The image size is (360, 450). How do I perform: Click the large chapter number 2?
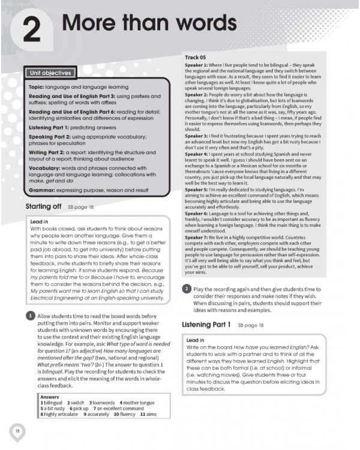pyautogui.click(x=31, y=30)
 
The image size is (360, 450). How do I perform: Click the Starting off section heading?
pyautogui.click(x=43, y=206)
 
